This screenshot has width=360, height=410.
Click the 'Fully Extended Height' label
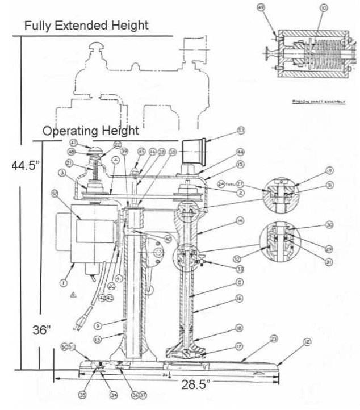(86, 26)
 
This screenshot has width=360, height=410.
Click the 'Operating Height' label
(90, 131)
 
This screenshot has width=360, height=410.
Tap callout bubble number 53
(241, 131)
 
